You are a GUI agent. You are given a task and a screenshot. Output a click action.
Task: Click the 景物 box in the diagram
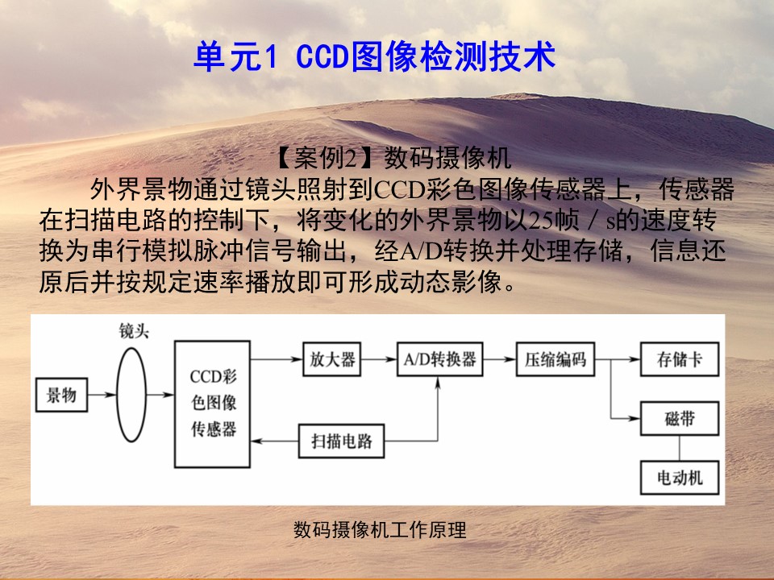[62, 395]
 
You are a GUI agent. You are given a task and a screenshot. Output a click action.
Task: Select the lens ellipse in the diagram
[117, 395]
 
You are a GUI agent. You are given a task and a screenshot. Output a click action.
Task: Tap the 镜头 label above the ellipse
[134, 331]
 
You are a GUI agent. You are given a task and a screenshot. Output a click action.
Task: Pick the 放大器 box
[331, 359]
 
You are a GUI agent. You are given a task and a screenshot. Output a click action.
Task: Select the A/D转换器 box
[440, 359]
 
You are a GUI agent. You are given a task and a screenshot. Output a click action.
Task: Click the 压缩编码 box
[556, 359]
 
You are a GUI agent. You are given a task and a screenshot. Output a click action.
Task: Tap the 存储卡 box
[679, 359]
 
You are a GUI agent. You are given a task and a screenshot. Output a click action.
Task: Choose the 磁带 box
[679, 418]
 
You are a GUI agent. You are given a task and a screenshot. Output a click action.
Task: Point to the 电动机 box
[679, 478]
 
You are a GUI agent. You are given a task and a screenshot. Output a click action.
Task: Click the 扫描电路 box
[342, 441]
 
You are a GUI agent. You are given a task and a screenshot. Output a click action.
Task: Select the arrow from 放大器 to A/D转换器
[379, 359]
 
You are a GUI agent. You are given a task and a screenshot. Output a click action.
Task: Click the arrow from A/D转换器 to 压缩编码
[499, 359]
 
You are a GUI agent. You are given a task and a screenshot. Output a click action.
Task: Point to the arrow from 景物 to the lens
[102, 395]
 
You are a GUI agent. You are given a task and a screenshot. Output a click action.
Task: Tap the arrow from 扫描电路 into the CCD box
[274, 441]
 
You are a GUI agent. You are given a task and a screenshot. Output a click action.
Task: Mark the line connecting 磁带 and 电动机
[679, 448]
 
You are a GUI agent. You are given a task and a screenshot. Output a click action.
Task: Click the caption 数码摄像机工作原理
[380, 530]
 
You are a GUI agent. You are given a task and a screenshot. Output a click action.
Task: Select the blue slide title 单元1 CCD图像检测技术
[375, 56]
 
